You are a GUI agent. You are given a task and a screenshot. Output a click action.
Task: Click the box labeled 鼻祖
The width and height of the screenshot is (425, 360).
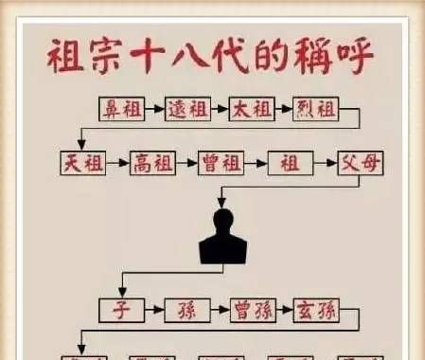point(121,108)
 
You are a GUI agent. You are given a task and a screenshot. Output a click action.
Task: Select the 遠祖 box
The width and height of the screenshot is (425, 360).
point(188,108)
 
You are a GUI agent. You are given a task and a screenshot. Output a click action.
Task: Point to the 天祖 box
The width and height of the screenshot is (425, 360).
point(81,162)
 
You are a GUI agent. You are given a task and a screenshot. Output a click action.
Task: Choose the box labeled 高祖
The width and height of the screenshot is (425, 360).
point(152,162)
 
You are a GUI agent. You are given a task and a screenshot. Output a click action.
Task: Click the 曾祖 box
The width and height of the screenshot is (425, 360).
point(221,162)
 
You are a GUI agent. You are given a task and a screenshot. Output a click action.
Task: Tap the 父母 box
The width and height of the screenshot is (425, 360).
point(361,162)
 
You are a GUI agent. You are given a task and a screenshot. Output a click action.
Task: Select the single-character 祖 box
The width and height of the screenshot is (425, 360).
point(291,162)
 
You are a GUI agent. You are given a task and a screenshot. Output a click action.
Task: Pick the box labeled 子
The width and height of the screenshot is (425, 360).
point(121,309)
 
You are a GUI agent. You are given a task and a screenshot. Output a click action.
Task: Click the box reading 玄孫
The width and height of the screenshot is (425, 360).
point(315,309)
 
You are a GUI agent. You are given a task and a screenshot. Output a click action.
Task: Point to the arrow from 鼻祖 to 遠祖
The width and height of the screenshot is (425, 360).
point(154,108)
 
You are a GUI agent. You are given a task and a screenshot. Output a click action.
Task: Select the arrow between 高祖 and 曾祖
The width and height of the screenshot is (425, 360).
point(187,162)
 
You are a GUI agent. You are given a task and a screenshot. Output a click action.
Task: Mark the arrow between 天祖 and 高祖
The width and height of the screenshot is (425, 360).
point(116,162)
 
